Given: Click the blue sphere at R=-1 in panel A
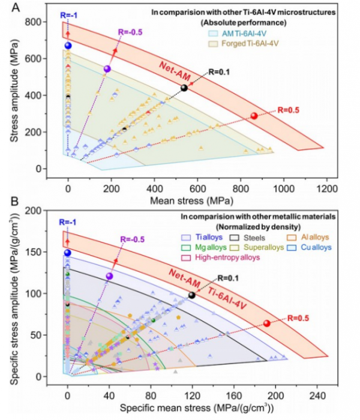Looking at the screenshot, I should pyautogui.click(x=68, y=46).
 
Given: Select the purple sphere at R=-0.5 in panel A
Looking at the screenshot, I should pyautogui.click(x=107, y=69).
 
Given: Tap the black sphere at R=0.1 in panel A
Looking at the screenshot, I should pyautogui.click(x=184, y=88).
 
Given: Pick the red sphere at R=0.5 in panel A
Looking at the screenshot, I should pyautogui.click(x=254, y=116).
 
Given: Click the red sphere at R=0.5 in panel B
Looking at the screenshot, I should pyautogui.click(x=267, y=323).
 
